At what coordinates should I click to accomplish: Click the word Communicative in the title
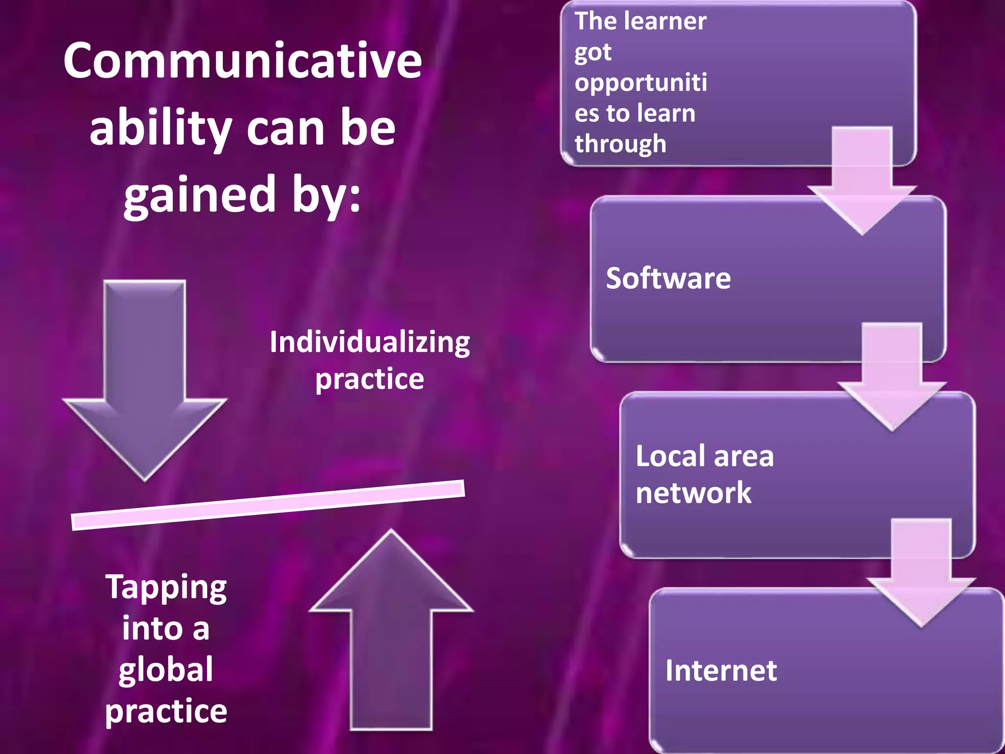[x=242, y=61]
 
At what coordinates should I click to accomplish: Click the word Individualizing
[x=370, y=342]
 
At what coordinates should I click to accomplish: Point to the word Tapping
[x=166, y=588]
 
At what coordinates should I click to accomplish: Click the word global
[x=166, y=670]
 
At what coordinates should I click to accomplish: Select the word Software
[x=668, y=278]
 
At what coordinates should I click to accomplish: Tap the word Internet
[x=721, y=671]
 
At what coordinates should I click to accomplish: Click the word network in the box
[x=693, y=493]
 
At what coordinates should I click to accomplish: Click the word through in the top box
[x=620, y=144]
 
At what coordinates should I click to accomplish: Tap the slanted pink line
[x=268, y=505]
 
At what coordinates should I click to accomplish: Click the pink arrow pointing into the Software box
[x=862, y=182]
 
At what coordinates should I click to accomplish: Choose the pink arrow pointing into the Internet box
[x=921, y=574]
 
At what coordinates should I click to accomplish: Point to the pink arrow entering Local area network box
[x=892, y=378]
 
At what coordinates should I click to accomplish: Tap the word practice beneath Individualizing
[x=370, y=379]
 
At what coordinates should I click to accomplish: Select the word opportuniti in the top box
[x=641, y=82]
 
